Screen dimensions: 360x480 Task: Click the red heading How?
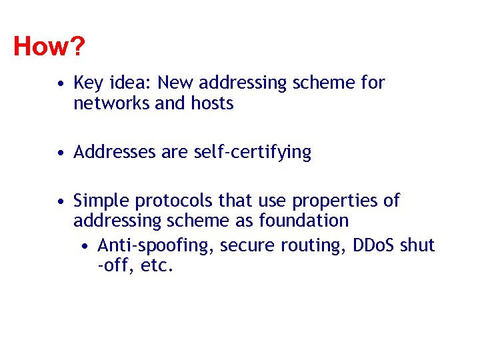click(49, 47)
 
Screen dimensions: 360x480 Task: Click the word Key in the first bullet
click(87, 83)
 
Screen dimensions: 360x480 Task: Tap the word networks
click(111, 104)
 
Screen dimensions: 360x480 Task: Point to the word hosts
click(212, 104)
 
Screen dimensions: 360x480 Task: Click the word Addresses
click(115, 153)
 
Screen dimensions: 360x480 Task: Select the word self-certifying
click(253, 153)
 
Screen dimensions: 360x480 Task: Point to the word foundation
click(305, 221)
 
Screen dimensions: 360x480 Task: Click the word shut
click(417, 245)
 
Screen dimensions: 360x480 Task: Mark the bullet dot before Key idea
click(61, 84)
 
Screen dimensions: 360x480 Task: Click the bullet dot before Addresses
click(61, 153)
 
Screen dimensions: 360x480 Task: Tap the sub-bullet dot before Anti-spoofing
click(87, 247)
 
